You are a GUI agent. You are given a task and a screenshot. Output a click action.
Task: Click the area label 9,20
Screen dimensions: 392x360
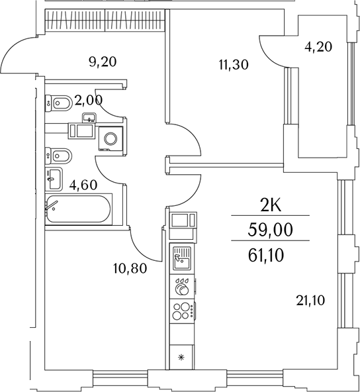point(102,62)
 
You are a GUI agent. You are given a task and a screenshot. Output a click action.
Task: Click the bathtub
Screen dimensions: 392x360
point(79,210)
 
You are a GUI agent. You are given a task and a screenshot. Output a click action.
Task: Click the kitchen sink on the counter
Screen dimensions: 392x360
point(181,259)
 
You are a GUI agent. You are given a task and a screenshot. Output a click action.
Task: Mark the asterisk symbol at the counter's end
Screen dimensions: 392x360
point(182,358)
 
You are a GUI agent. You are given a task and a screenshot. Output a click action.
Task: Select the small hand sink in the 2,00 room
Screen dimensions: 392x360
point(89,119)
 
